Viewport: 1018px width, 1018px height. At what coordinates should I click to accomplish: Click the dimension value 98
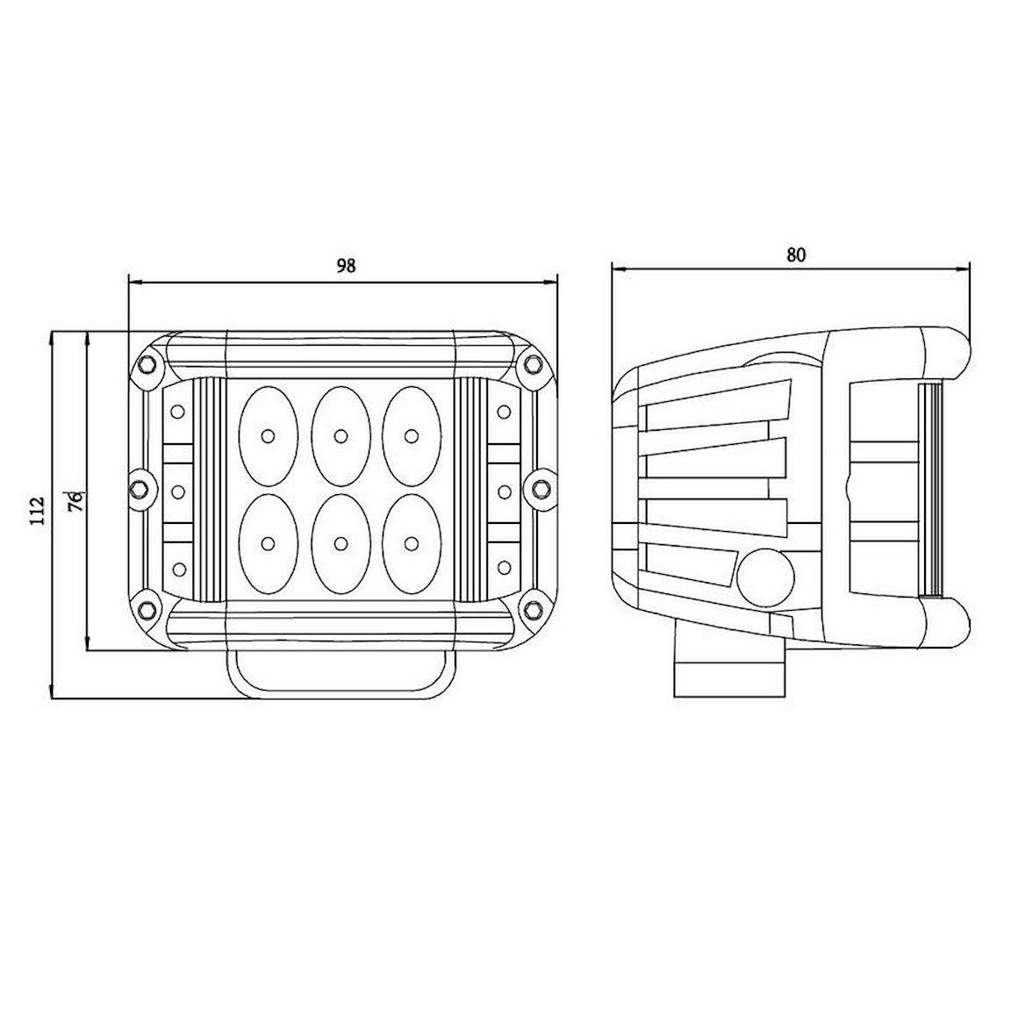click(346, 266)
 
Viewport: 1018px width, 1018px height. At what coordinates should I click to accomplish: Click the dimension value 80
click(796, 255)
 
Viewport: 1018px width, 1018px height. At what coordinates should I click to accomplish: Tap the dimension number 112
click(39, 510)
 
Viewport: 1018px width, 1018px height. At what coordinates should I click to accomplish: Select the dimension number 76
click(76, 500)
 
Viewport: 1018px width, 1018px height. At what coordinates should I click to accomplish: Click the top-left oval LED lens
click(269, 435)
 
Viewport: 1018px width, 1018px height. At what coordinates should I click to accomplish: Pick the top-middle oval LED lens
click(341, 435)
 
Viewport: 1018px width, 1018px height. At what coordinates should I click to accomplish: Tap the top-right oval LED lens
click(412, 435)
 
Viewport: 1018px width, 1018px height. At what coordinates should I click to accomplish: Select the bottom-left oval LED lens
click(269, 543)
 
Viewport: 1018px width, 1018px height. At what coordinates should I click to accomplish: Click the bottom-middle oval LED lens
click(341, 543)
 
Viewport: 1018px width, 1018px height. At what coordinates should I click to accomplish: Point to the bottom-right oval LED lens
click(412, 543)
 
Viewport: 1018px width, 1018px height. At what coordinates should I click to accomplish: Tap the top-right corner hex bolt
click(533, 364)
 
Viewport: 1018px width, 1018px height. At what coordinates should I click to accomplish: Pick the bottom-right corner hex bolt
click(533, 609)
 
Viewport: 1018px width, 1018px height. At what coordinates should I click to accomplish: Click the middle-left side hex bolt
click(141, 487)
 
